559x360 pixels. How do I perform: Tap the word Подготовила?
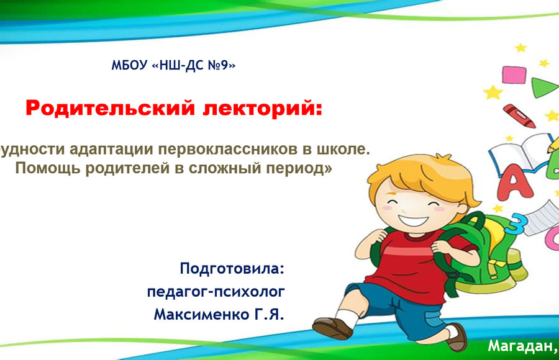pos(232,268)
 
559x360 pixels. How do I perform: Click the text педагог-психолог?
pos(216,292)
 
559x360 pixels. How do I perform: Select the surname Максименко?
pos(202,314)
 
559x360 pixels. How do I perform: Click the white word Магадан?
pos(520,346)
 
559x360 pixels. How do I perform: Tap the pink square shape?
pos(514,75)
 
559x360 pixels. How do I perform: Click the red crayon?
pos(519,116)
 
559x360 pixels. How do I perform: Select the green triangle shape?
pos(543,88)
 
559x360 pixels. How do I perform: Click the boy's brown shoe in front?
pos(332,328)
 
